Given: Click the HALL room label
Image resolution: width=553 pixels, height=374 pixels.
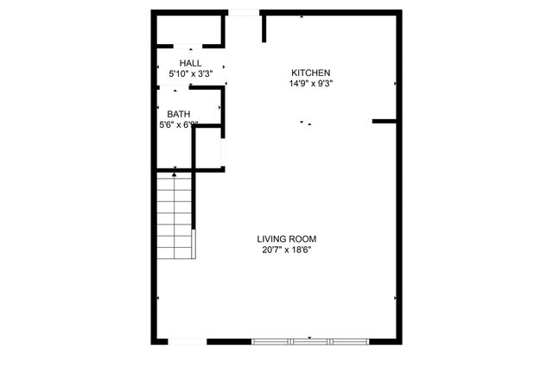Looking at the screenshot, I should pyautogui.click(x=190, y=64).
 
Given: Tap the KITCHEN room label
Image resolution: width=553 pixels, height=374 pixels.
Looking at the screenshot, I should pyautogui.click(x=311, y=73).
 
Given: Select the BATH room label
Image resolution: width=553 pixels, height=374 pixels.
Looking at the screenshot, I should pyautogui.click(x=179, y=114).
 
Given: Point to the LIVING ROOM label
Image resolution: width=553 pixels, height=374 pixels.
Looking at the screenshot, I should pyautogui.click(x=287, y=239).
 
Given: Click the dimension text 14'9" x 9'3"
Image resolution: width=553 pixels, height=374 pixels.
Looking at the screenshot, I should pyautogui.click(x=311, y=84).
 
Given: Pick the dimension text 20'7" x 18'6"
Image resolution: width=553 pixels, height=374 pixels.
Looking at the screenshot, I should pyautogui.click(x=287, y=250).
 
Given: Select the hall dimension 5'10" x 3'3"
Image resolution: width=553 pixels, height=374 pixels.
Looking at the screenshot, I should pyautogui.click(x=190, y=75).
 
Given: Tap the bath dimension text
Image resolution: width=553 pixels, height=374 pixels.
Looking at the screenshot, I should pyautogui.click(x=179, y=125).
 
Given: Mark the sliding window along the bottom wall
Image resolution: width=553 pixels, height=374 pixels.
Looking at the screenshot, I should pyautogui.click(x=310, y=342).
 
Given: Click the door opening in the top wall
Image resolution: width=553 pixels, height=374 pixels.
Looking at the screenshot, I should pyautogui.click(x=243, y=12).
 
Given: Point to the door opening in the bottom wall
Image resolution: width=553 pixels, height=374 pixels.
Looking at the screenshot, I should pyautogui.click(x=187, y=342).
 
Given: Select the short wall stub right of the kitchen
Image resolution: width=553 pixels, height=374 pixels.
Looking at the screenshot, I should pyautogui.click(x=385, y=121).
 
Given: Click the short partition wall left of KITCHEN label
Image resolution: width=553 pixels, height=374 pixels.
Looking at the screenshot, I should pyautogui.click(x=264, y=27).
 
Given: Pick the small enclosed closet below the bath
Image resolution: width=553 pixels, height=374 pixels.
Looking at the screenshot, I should pyautogui.click(x=208, y=149).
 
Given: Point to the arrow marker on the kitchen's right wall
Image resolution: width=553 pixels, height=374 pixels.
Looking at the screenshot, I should pyautogui.click(x=395, y=84).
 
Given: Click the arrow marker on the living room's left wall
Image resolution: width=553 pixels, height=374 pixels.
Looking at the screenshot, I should pyautogui.click(x=158, y=299).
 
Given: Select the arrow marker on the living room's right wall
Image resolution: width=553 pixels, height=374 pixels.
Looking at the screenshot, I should pyautogui.click(x=395, y=299).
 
